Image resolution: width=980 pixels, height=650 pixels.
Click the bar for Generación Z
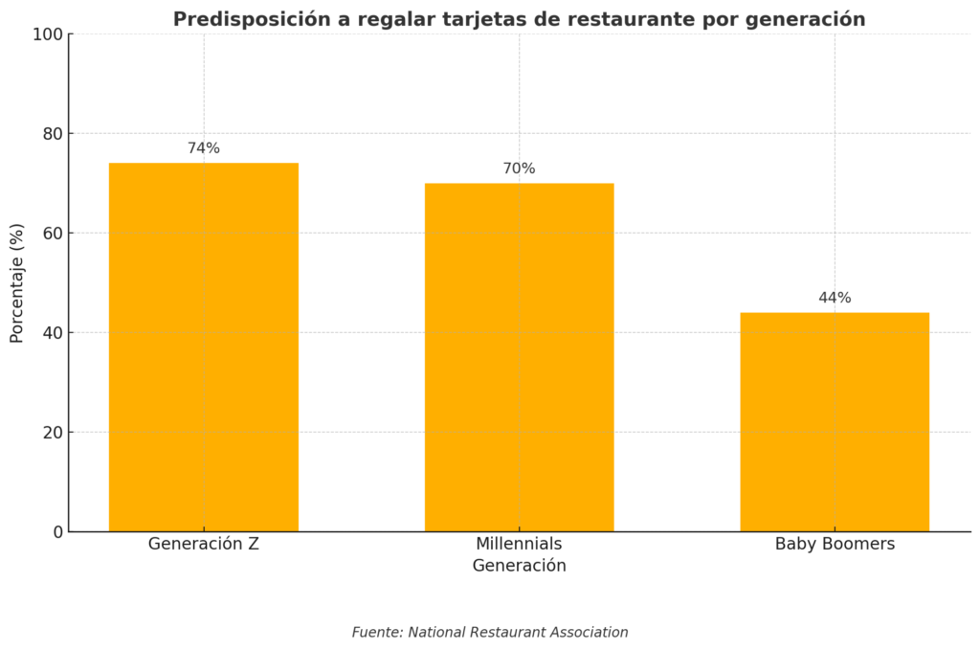click(203, 347)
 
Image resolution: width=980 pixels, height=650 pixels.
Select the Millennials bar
click(519, 357)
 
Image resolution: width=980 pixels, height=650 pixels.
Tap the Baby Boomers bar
click(834, 421)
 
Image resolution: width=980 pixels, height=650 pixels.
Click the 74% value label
click(203, 148)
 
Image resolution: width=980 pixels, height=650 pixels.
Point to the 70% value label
click(519, 168)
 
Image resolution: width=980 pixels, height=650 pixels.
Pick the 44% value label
click(835, 298)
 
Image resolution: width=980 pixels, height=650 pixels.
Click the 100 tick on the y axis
click(48, 34)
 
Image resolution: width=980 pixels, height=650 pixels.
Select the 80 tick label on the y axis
click(53, 134)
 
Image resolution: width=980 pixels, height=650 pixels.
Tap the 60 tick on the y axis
click(53, 234)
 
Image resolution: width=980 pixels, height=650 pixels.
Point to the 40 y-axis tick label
click(53, 333)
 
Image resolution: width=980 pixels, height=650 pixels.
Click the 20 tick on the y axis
click(53, 433)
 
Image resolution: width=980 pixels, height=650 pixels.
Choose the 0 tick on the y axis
click(58, 532)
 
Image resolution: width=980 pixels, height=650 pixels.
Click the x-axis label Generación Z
click(203, 544)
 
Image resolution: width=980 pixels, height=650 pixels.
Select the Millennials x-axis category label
click(519, 544)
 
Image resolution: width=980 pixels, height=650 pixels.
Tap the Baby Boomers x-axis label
click(835, 544)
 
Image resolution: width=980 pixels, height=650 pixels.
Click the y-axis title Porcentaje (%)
click(17, 282)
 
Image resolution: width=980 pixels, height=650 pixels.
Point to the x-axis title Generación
click(519, 566)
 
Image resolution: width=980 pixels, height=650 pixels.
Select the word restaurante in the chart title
click(643, 19)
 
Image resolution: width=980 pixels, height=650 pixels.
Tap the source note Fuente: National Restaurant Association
click(490, 633)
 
